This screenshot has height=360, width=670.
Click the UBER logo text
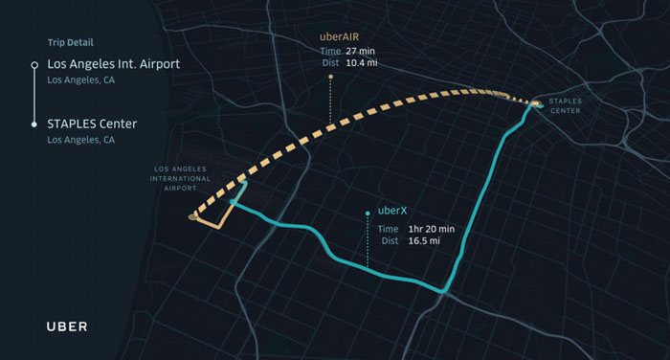[67, 326]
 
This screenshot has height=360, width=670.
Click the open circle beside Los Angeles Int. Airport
[33, 64]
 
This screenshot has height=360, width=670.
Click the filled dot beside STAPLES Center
[33, 124]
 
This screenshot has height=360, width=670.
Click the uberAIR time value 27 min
[370, 52]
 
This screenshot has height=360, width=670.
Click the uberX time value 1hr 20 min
[431, 229]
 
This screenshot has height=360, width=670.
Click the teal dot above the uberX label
[368, 213]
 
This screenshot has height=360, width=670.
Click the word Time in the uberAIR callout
[330, 52]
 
